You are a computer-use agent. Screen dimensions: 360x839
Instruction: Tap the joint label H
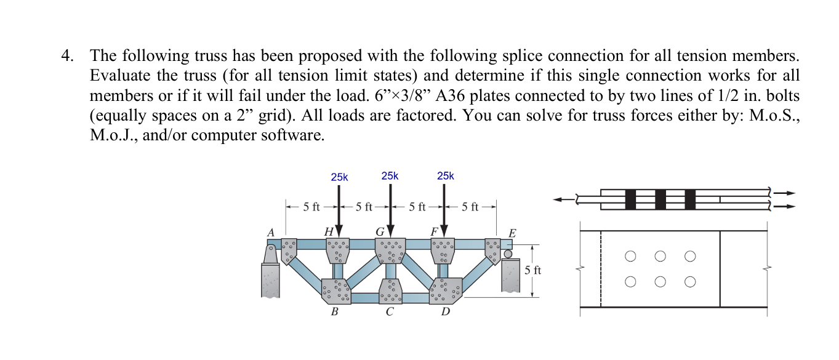[329, 231]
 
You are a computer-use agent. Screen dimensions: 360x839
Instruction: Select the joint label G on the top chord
[380, 231]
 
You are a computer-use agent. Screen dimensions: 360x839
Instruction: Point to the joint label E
[512, 233]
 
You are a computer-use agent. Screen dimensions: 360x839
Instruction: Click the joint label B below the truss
[334, 311]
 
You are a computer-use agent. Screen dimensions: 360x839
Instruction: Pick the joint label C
[389, 311]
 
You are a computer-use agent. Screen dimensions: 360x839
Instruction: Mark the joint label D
[445, 311]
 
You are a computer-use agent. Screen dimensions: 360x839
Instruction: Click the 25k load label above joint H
[339, 177]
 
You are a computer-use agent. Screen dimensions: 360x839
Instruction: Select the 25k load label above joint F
[445, 176]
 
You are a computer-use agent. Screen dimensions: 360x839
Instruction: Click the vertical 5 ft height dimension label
[534, 270]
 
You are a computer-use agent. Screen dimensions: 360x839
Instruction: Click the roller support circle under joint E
[508, 254]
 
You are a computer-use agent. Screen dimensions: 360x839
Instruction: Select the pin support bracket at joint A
[270, 254]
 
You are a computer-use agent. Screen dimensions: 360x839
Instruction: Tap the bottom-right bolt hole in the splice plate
[689, 282]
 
